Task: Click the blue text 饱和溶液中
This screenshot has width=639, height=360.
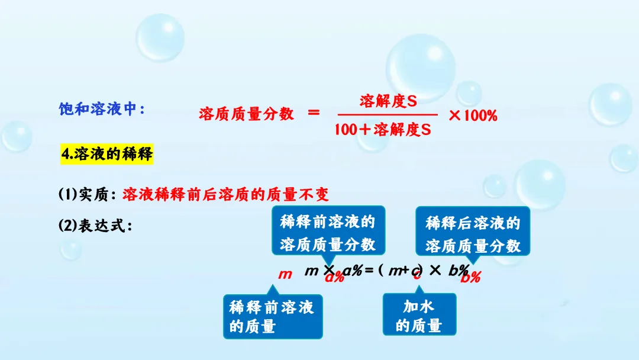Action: click(101, 109)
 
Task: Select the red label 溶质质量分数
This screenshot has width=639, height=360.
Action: click(246, 114)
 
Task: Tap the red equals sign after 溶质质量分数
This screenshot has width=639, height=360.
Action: click(314, 113)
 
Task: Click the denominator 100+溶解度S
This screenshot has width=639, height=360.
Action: click(382, 130)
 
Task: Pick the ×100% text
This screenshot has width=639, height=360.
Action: click(473, 115)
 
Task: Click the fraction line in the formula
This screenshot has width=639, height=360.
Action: click(388, 115)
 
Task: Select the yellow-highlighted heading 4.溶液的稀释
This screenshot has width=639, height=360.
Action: click(107, 155)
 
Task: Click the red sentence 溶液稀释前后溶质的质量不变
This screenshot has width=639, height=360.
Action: click(225, 194)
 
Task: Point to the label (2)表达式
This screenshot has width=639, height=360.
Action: click(94, 226)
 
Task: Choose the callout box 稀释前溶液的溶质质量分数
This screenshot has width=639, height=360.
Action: click(327, 233)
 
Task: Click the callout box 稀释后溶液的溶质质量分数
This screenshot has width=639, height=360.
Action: click(473, 234)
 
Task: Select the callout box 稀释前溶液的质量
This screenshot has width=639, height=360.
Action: click(272, 316)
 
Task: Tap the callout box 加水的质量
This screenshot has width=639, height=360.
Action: click(419, 316)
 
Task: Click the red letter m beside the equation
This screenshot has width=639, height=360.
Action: click(286, 274)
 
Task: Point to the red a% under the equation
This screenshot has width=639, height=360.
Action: click(334, 277)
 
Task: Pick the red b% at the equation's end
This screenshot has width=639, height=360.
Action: click(471, 277)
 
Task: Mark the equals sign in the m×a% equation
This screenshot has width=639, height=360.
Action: click(369, 271)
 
